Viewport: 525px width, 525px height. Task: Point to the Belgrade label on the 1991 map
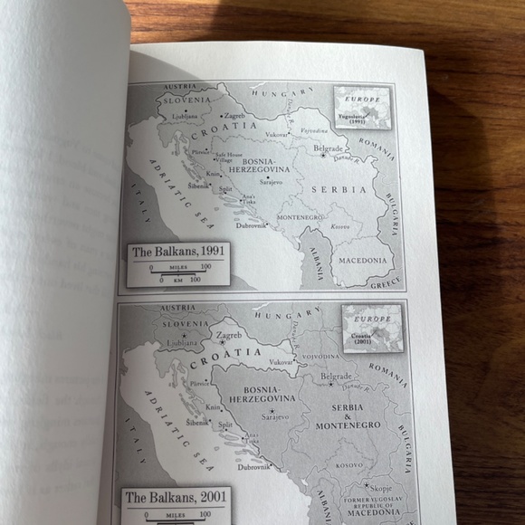click(x=327, y=148)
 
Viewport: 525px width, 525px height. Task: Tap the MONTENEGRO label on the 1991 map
click(x=300, y=217)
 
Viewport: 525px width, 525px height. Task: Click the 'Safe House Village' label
click(x=227, y=157)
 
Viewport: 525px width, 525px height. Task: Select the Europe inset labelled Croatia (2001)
click(x=371, y=328)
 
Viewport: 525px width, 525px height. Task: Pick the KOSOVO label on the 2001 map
click(x=348, y=464)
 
